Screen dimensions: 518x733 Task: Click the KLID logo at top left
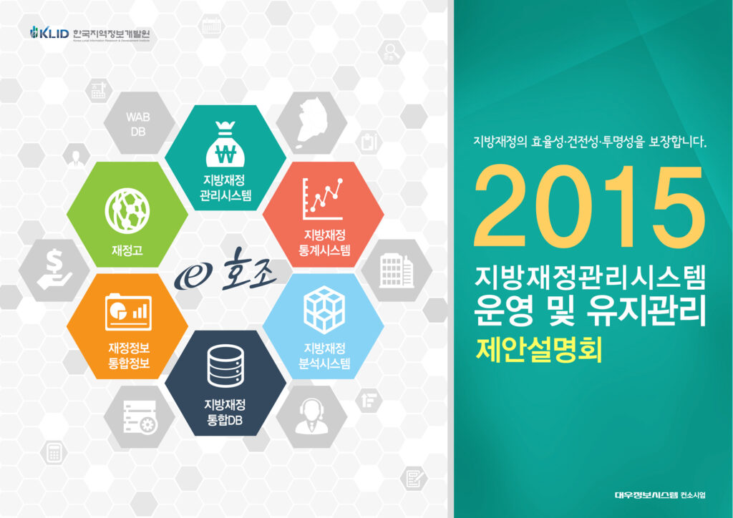49,33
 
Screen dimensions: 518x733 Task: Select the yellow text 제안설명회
539,349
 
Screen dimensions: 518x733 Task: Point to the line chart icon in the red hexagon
321,198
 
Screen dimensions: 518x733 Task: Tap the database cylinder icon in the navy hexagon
225,365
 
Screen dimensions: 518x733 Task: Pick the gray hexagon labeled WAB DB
138,124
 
